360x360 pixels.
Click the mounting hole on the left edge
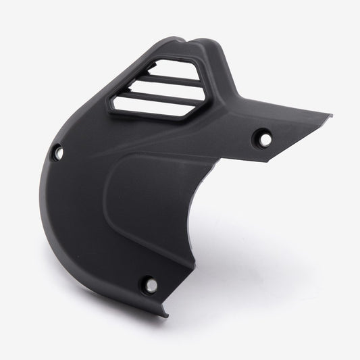click(59, 153)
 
